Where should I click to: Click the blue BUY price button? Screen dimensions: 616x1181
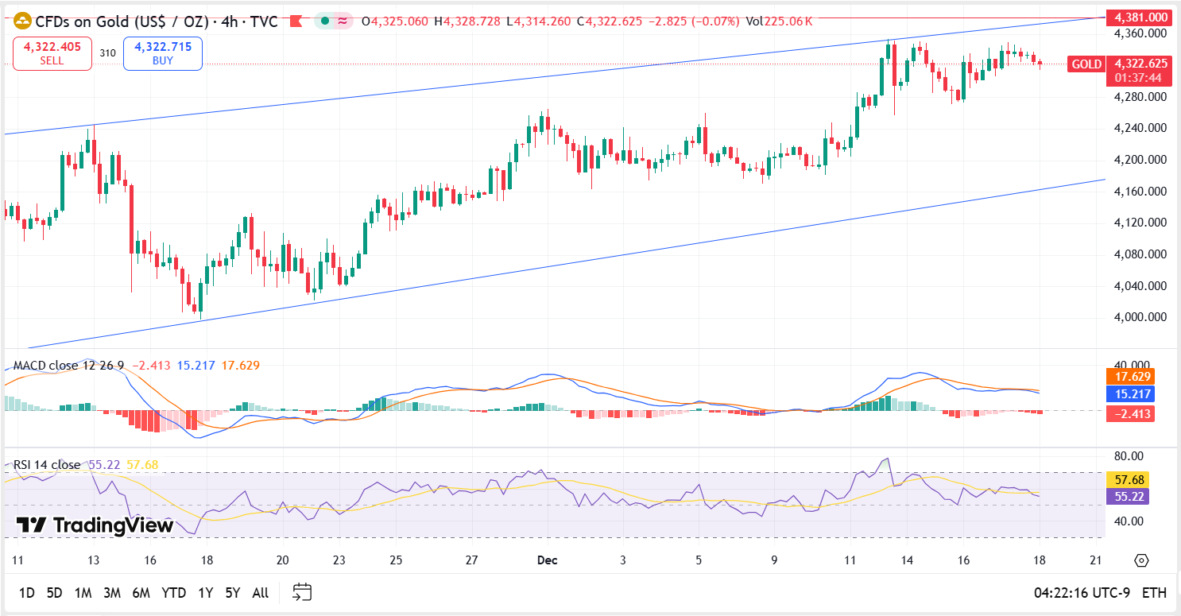coord(162,53)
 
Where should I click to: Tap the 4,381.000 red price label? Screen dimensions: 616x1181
coord(1140,17)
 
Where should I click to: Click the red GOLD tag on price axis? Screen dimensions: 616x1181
coord(1086,64)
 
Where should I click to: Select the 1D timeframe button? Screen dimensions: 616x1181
coord(26,593)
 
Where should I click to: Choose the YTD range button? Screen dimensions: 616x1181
coord(173,593)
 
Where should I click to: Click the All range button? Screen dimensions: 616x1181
coord(260,593)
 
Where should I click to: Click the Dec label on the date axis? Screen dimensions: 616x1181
coord(547,560)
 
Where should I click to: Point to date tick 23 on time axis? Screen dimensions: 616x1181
coord(339,560)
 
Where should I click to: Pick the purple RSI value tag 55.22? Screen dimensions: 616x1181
coord(1128,496)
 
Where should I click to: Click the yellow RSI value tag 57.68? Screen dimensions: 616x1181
coord(1128,479)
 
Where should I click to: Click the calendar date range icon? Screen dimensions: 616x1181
coord(302,592)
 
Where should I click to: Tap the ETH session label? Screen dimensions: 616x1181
coord(1154,593)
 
